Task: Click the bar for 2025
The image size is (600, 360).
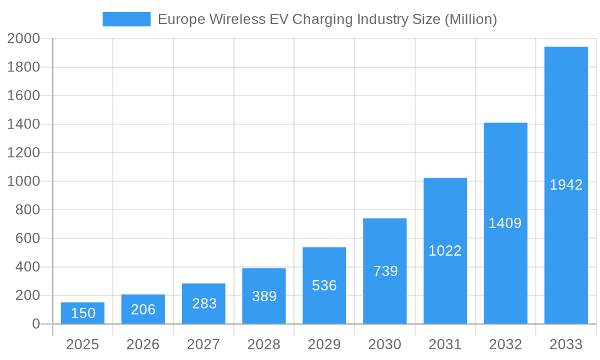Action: coord(83,313)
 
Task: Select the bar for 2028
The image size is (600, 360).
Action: coord(264,296)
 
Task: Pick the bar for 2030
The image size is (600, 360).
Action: coord(385,271)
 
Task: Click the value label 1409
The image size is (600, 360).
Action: coord(505,223)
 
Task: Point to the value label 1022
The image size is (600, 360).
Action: coord(445,251)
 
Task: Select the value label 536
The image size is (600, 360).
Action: coord(325,286)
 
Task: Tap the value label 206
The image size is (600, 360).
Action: coord(143,310)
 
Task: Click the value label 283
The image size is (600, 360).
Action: coord(204,304)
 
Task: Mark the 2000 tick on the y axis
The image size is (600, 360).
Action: coord(23,39)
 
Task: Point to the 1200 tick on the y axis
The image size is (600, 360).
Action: coord(23,153)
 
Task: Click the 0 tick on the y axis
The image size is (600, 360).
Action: coord(35,324)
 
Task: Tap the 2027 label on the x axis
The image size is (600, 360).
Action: coord(203,344)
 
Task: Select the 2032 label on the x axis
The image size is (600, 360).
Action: coord(505,344)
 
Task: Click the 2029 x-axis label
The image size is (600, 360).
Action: coord(324,344)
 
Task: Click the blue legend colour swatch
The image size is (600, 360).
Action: coord(127,19)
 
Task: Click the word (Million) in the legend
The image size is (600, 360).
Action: coord(470,19)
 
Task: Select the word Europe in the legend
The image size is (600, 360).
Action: coord(178,19)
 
